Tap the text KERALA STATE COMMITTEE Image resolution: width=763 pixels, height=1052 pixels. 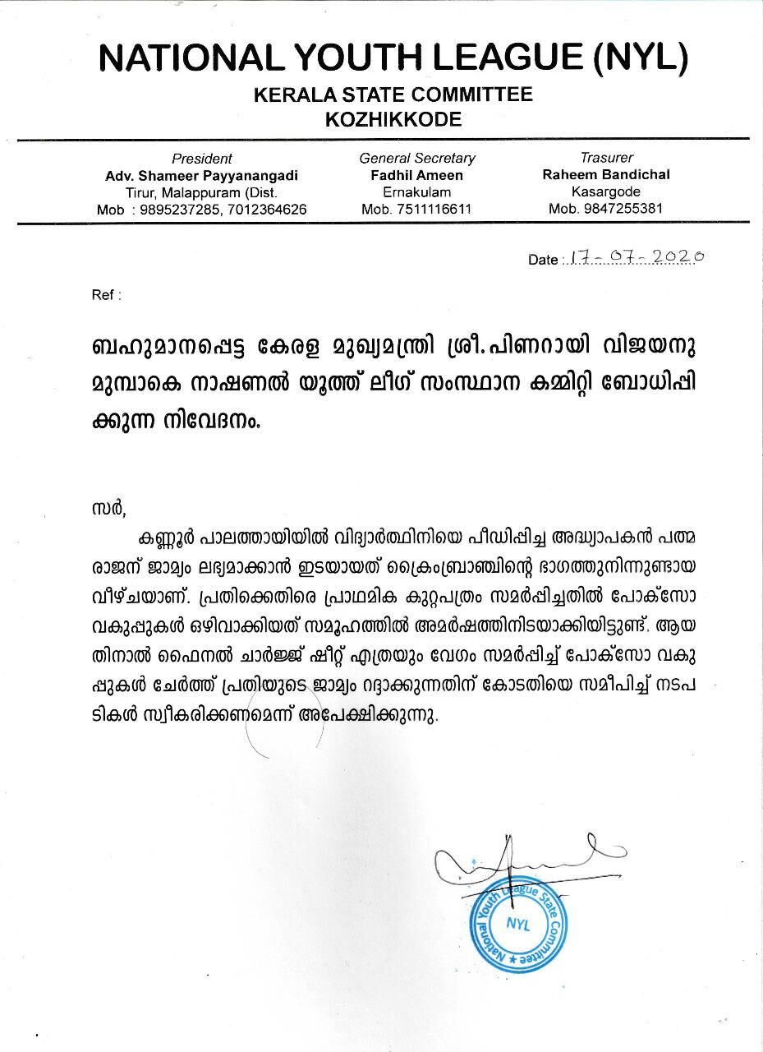point(393,95)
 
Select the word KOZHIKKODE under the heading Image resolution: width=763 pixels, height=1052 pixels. point(393,120)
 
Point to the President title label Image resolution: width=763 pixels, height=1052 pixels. point(201,159)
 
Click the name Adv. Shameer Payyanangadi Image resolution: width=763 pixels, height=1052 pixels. point(201,176)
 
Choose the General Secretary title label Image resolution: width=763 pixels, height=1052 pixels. point(417,158)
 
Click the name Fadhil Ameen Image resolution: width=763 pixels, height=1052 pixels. point(416,175)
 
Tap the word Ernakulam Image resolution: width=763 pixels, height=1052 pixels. point(416,192)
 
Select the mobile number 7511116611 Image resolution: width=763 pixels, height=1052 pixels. point(434,210)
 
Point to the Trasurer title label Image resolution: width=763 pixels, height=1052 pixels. point(607,157)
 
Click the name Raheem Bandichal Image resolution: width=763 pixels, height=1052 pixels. point(606,174)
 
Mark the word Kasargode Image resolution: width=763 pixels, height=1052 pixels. point(606,191)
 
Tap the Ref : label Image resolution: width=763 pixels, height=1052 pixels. point(107,294)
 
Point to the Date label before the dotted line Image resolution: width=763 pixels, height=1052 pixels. point(543,260)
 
